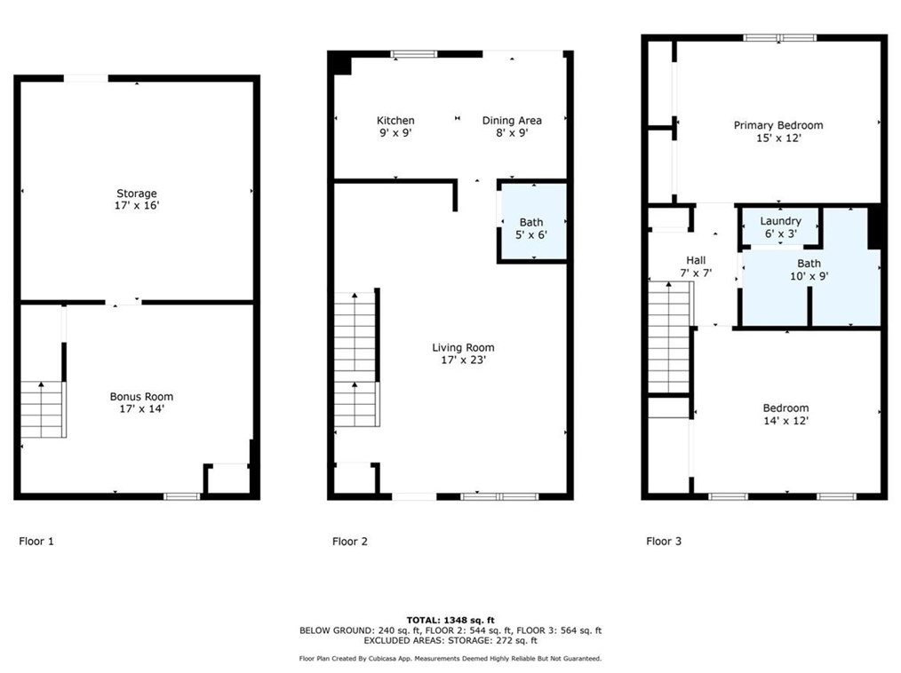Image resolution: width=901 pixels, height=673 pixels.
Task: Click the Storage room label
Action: point(137,194)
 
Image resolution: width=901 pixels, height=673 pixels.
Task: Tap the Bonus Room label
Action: point(141,397)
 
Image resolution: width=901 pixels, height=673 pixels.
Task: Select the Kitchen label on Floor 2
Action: point(395,121)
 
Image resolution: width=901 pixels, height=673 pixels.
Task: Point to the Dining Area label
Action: point(512,121)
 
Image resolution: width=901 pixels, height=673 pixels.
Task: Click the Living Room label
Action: point(463,348)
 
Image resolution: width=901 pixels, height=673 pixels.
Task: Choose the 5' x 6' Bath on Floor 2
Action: point(531,228)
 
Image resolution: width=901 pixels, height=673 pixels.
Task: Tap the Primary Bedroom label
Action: point(777,126)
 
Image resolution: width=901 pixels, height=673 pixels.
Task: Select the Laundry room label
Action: point(781,221)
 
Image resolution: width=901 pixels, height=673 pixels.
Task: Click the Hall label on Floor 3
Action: point(696,260)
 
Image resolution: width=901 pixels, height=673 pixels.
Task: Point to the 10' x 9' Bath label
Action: point(809,264)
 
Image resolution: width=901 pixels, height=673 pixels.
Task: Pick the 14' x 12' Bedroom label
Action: point(785,408)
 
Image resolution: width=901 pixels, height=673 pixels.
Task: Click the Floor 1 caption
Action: point(36,541)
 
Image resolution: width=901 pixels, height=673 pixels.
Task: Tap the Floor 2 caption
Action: point(350,541)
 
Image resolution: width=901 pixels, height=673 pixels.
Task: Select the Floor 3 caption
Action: point(664,541)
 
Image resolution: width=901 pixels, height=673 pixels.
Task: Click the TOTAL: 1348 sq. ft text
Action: point(450,619)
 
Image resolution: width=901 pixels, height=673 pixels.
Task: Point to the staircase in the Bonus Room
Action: point(44,409)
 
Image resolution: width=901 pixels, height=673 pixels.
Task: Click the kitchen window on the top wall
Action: point(414,54)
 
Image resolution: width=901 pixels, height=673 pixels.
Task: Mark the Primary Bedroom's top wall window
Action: point(779,38)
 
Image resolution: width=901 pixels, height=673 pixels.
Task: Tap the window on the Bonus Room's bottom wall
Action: point(181,495)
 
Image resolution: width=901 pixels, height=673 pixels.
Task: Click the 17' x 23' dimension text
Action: point(463,360)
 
